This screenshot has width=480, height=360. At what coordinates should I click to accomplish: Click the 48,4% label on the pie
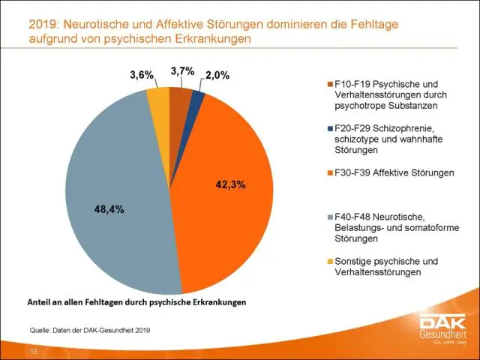[x=109, y=210]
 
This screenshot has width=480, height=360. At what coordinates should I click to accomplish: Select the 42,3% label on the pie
[x=229, y=183]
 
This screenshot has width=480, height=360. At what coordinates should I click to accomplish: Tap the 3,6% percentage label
[x=141, y=75]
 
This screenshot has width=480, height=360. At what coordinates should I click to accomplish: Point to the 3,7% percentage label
[x=181, y=71]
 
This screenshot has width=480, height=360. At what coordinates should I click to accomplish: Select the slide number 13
[x=34, y=351]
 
